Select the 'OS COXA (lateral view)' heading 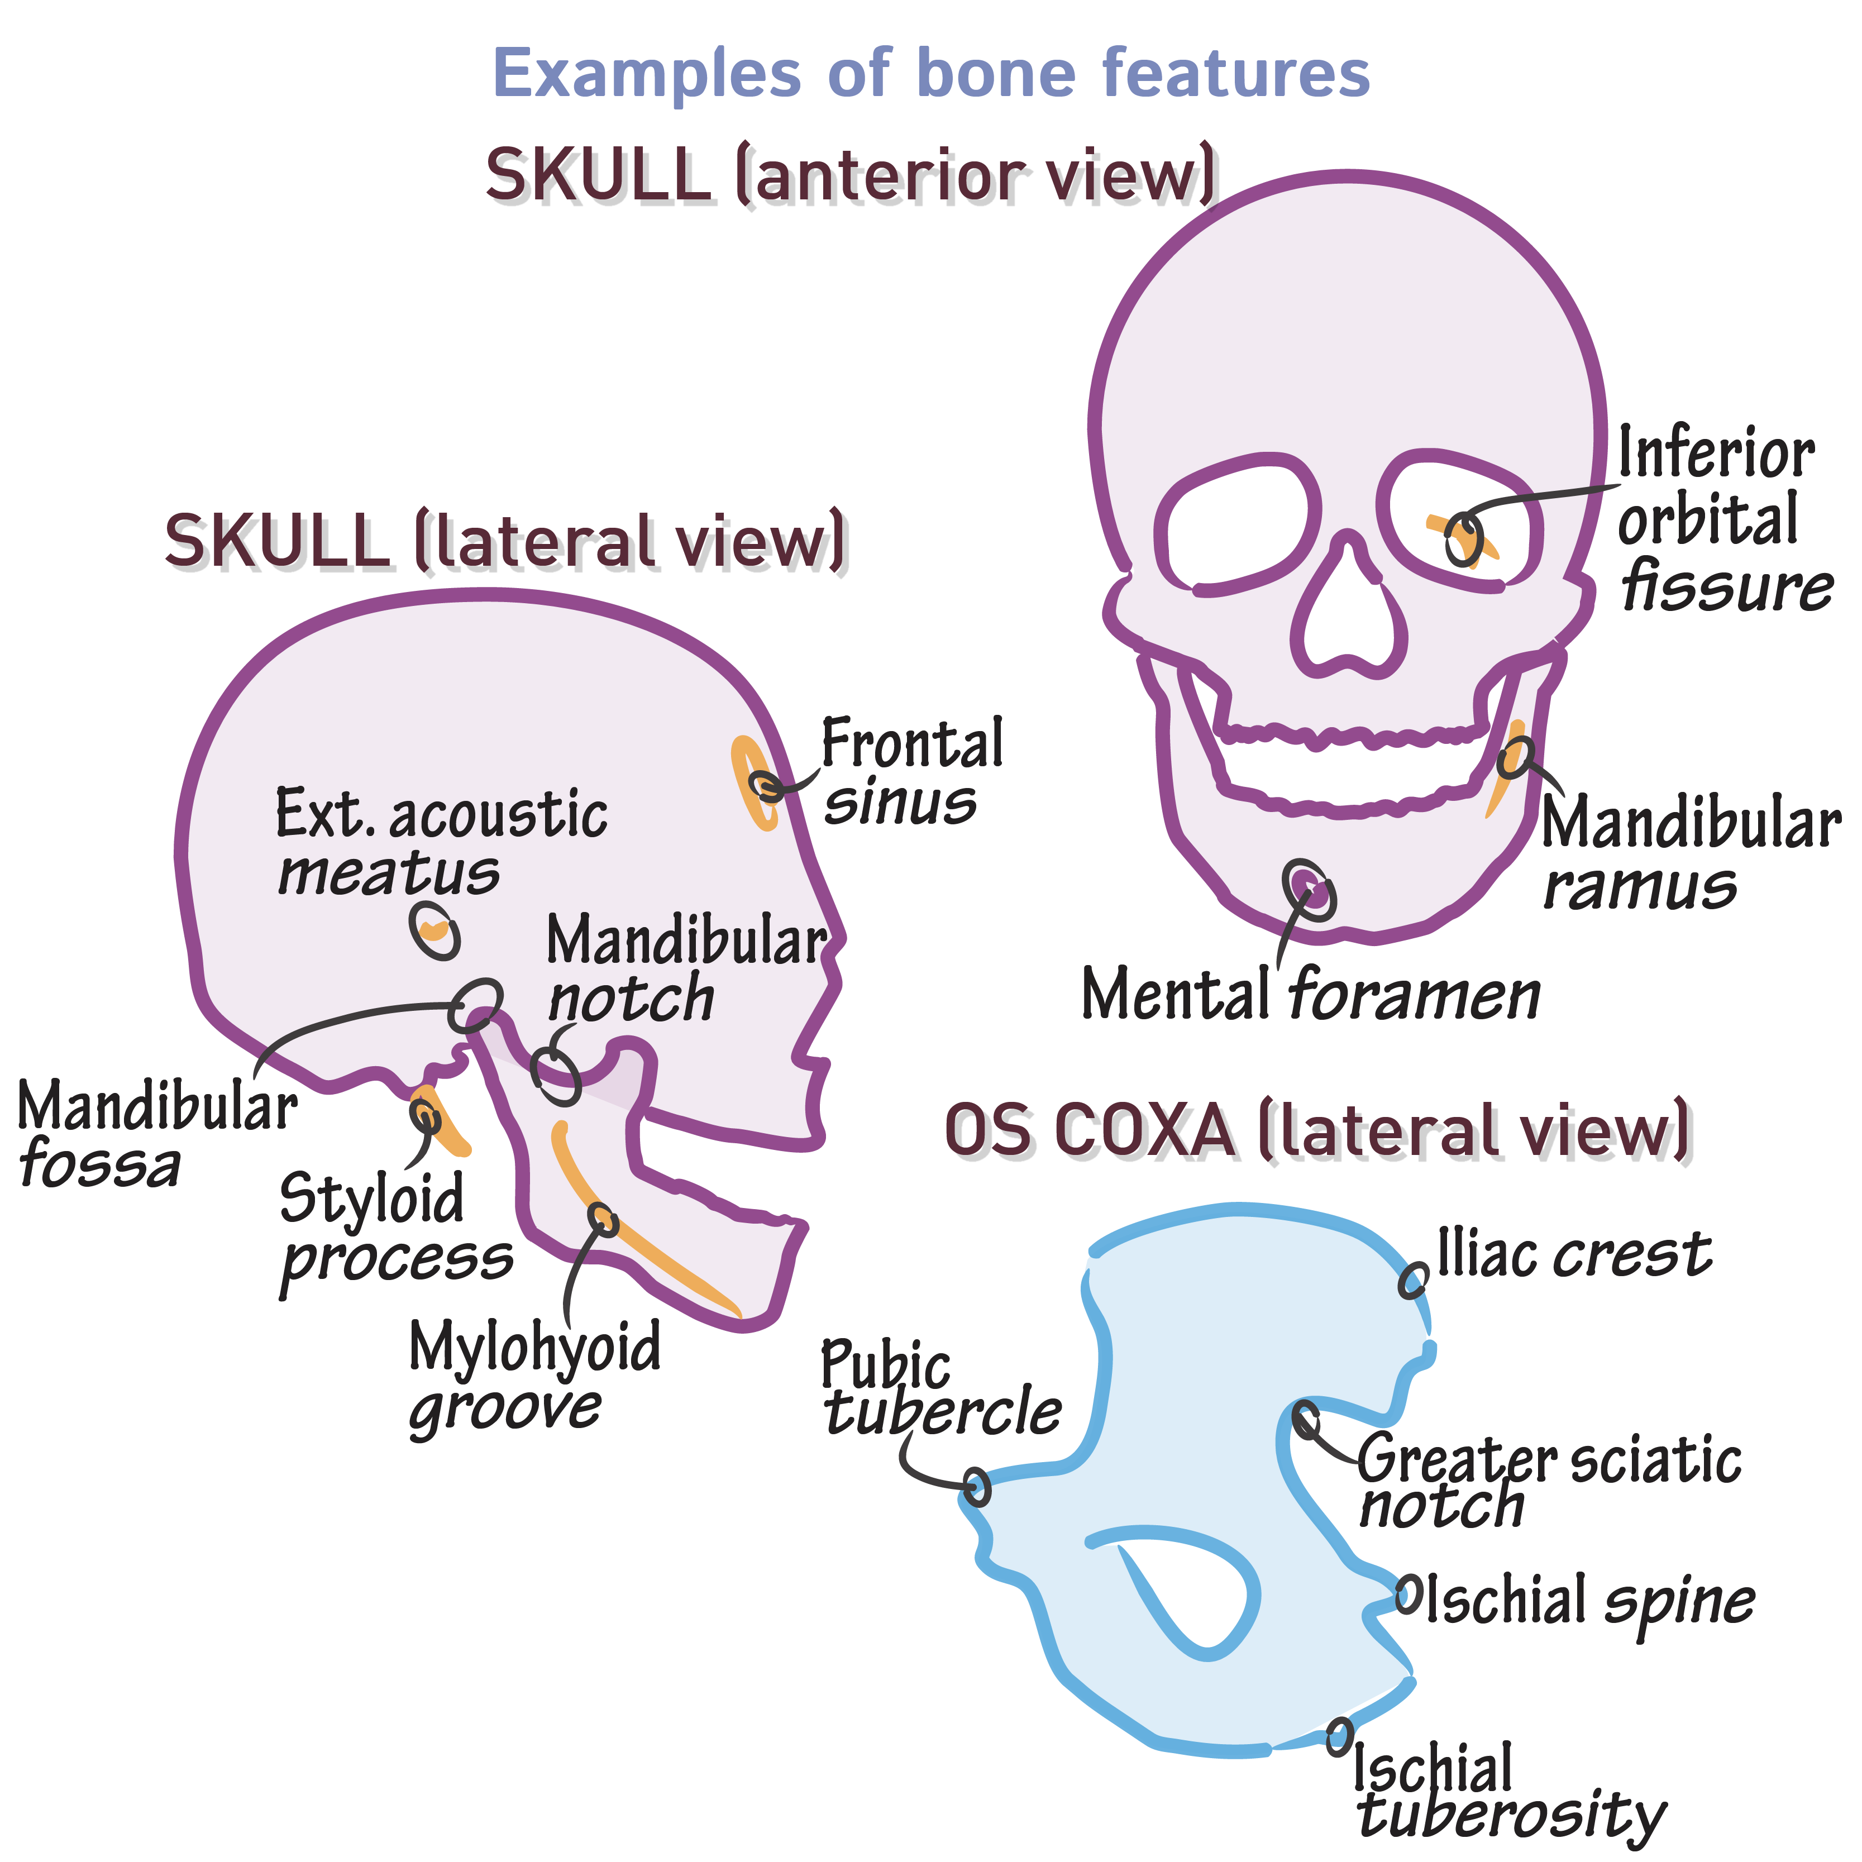tap(1316, 1129)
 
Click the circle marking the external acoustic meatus tap(435, 930)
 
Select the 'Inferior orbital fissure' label tap(1720, 518)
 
